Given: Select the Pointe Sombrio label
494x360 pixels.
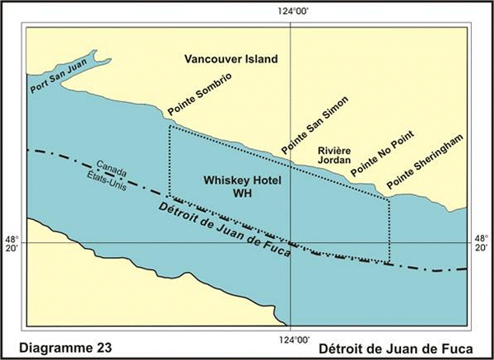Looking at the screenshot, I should pyautogui.click(x=198, y=93).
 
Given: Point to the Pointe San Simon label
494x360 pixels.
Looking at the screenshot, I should pyautogui.click(x=314, y=124).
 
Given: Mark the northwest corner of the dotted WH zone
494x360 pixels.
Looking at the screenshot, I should pyautogui.click(x=169, y=126).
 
